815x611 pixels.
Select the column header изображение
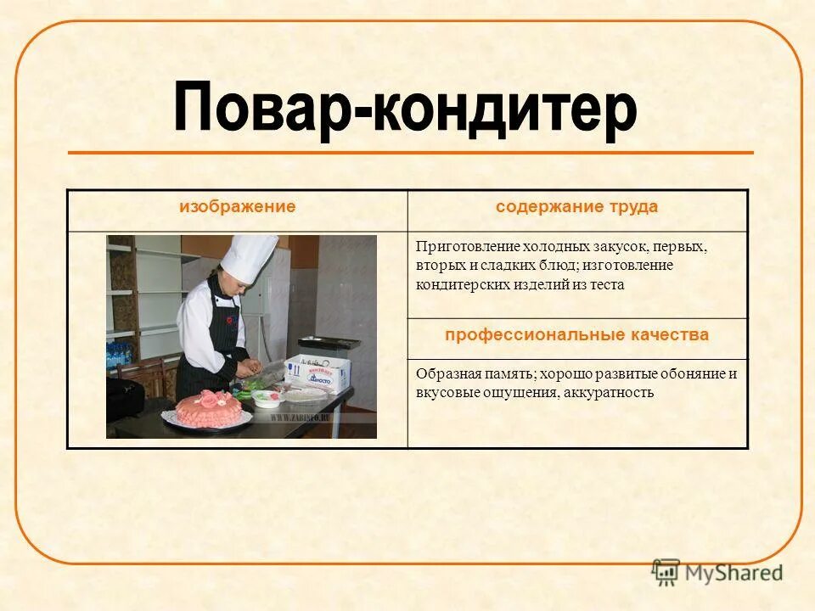(237, 206)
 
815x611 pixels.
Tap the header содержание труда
(577, 206)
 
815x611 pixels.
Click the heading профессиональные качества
(577, 335)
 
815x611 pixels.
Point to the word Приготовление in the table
(456, 247)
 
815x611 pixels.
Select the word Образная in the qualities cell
(441, 373)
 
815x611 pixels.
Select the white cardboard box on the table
(319, 373)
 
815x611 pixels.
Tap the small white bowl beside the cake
(266, 399)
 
